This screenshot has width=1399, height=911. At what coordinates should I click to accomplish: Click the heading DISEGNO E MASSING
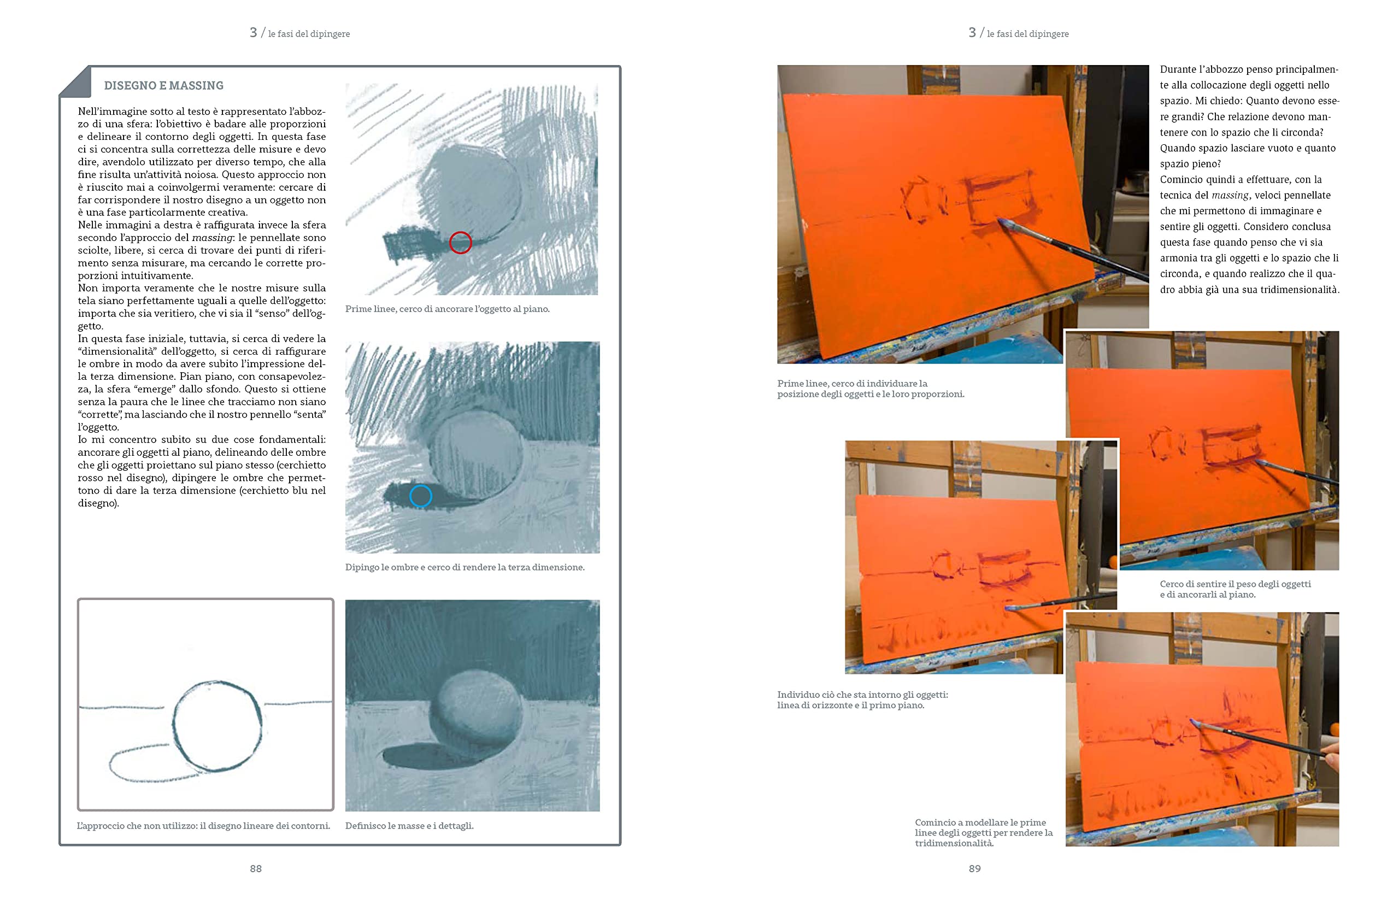[x=163, y=86]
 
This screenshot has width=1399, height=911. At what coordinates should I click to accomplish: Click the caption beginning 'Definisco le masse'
[x=409, y=826]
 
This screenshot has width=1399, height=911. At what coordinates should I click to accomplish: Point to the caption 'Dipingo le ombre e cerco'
[x=465, y=567]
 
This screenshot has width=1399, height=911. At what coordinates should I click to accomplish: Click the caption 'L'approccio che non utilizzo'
[x=203, y=826]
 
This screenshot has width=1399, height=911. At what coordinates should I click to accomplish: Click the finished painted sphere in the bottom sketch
[x=475, y=714]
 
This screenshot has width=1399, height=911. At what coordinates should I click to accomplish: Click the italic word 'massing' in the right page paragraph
[x=1230, y=195]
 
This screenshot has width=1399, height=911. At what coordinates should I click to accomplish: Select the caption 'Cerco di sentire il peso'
[x=1235, y=589]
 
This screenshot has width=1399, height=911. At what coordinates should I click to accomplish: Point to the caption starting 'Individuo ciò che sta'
[x=862, y=700]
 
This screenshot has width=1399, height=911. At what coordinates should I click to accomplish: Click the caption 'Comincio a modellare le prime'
[x=984, y=832]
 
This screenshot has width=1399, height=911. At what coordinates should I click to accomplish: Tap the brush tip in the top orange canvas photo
[x=1002, y=221]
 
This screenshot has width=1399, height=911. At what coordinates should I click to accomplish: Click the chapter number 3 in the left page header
[x=254, y=32]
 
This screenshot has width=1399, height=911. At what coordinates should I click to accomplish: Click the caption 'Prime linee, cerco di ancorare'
[x=448, y=309]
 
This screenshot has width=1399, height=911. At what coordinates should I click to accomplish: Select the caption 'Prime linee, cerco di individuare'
[x=871, y=389]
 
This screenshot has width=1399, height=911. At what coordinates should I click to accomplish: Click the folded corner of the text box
[x=75, y=81]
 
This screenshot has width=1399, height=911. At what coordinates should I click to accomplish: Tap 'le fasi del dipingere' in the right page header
[x=1027, y=34]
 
